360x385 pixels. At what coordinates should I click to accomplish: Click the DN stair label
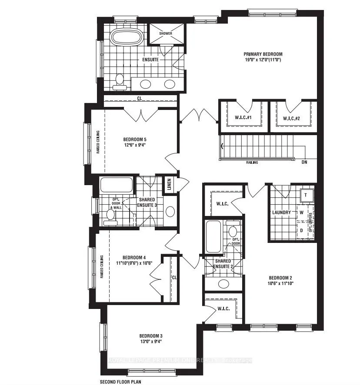click(x=303, y=163)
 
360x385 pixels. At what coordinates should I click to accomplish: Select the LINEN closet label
click(x=169, y=185)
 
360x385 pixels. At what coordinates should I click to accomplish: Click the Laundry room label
click(x=281, y=212)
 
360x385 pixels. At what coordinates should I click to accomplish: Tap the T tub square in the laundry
click(x=306, y=195)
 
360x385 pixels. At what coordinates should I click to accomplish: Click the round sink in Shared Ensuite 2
click(x=223, y=284)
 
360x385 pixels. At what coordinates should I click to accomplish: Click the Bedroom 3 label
click(x=150, y=336)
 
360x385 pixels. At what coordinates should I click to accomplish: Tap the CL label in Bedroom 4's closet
click(x=173, y=277)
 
